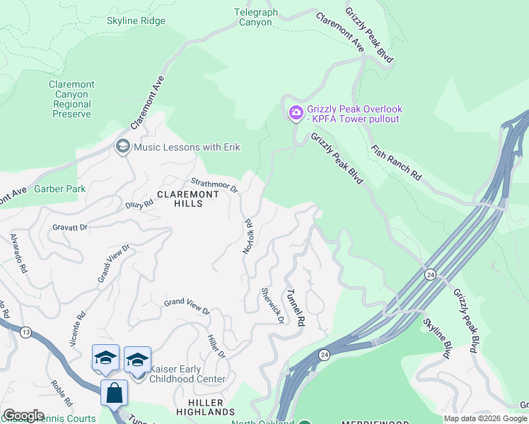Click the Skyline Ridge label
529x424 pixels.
tap(136, 20)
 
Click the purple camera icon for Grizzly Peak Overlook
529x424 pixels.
tap(296, 112)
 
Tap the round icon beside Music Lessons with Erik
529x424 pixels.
tap(122, 147)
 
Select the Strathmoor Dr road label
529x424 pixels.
tap(214, 185)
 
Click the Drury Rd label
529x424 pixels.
tap(139, 205)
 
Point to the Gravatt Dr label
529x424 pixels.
tap(69, 228)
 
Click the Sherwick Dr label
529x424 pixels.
tap(272, 305)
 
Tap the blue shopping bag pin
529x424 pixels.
tap(114, 392)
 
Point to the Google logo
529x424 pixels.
tap(23, 416)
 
